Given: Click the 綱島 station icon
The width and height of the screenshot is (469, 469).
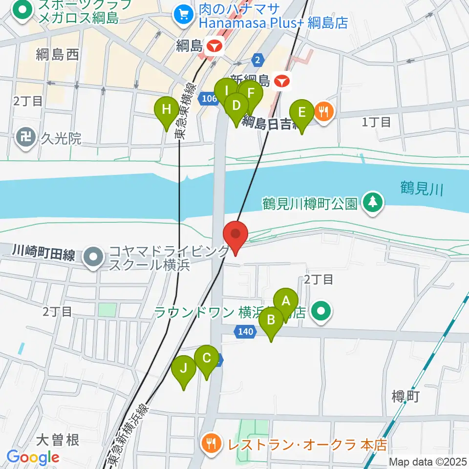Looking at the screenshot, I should (x=214, y=47).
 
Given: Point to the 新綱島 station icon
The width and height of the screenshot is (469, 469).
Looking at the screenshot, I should (x=282, y=81).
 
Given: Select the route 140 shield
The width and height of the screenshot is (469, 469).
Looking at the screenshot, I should (x=245, y=332).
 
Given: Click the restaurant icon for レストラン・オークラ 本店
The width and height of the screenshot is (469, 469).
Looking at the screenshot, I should (x=211, y=444).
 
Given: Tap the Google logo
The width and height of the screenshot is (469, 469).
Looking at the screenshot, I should (x=33, y=458).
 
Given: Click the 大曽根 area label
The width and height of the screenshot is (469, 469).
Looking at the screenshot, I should (x=57, y=440).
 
